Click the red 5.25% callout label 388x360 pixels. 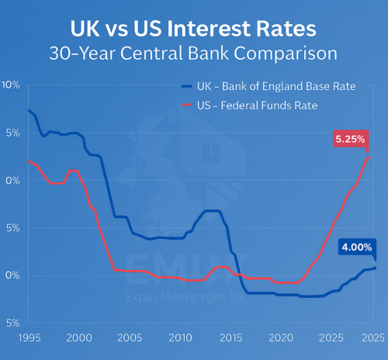[x=351, y=139]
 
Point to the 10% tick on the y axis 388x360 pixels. [x=11, y=85]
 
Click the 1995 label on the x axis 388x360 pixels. [x=28, y=338]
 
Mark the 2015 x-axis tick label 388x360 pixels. [x=230, y=338]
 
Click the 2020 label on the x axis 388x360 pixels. [x=280, y=338]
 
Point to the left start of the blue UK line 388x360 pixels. [x=28, y=110]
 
